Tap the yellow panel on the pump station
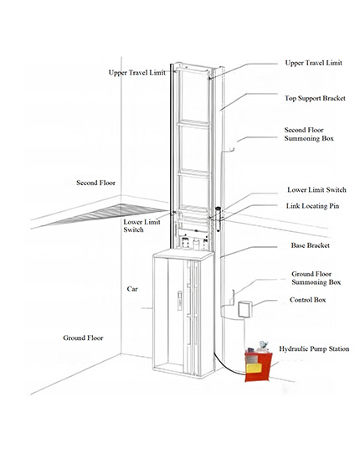pos(254,368)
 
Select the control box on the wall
pos(245,309)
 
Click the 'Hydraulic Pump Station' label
pos(314,349)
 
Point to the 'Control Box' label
pos(307,300)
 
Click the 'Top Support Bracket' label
pos(315,98)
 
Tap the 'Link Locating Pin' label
pos(312,206)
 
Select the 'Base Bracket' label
pos(311,245)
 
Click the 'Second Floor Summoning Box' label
pos(309,134)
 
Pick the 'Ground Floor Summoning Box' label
pos(316,278)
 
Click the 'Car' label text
pos(132,289)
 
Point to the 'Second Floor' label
pos(95,183)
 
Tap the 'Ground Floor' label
pos(83,338)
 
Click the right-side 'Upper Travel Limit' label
pos(313,63)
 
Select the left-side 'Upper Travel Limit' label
pos(137,73)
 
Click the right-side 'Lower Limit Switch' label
pos(316,190)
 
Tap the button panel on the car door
pos(180,301)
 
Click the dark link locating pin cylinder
pos(218,219)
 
